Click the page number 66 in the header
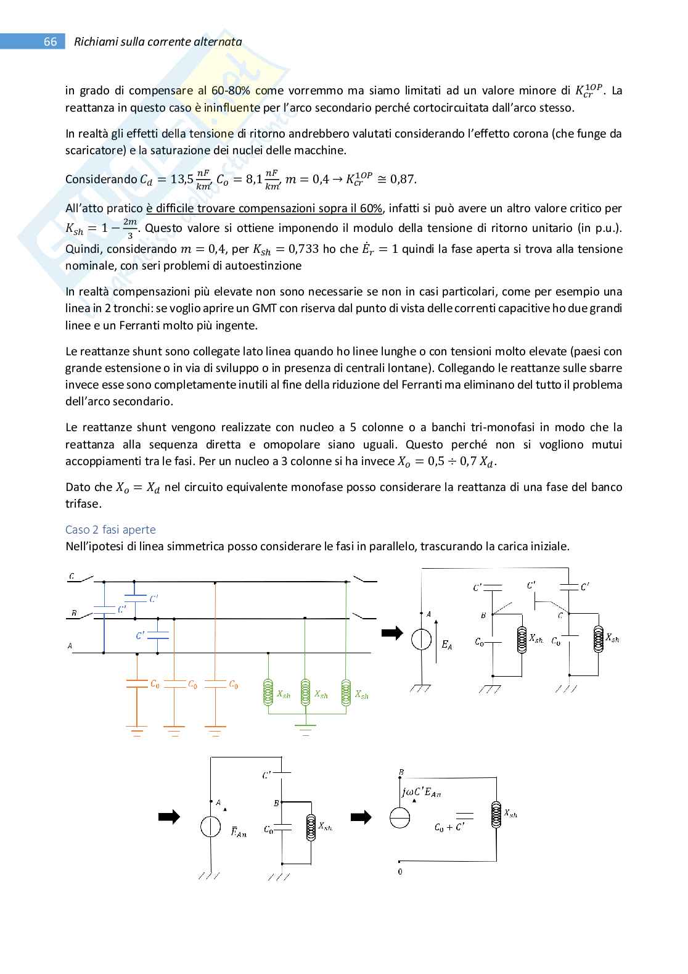[50, 42]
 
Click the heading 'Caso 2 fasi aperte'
[110, 529]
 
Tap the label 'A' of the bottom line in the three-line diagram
[70, 646]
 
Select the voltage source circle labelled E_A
[422, 640]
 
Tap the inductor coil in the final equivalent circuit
[495, 815]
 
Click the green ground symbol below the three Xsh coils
[305, 732]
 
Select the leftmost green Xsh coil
[268, 692]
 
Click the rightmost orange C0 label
[233, 684]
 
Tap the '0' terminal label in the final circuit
[400, 872]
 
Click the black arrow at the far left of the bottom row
[169, 817]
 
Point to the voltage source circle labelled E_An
[211, 827]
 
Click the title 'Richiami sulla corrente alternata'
[158, 42]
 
